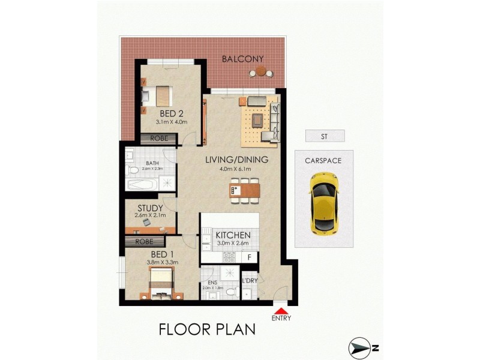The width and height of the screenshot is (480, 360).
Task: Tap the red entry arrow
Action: pyautogui.click(x=280, y=310)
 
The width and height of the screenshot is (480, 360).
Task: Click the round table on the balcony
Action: pyautogui.click(x=261, y=71)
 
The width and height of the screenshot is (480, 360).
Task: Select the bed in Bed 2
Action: pyautogui.click(x=157, y=95)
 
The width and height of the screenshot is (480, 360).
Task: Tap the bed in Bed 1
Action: pyautogui.click(x=161, y=281)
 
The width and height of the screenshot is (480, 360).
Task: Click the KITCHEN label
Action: pyautogui.click(x=229, y=235)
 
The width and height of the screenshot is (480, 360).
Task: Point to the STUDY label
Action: pyautogui.click(x=150, y=209)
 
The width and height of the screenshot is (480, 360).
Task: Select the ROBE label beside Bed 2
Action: pyautogui.click(x=158, y=139)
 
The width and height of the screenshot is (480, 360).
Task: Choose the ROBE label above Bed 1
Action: pyautogui.click(x=143, y=242)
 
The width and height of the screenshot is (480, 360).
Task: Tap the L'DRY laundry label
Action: pyautogui.click(x=250, y=280)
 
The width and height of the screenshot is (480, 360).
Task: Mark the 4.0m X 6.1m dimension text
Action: pyautogui.click(x=236, y=170)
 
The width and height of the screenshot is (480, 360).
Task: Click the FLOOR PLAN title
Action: pyautogui.click(x=207, y=329)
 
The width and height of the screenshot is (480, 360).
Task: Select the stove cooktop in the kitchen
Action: pyautogui.click(x=229, y=257)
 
